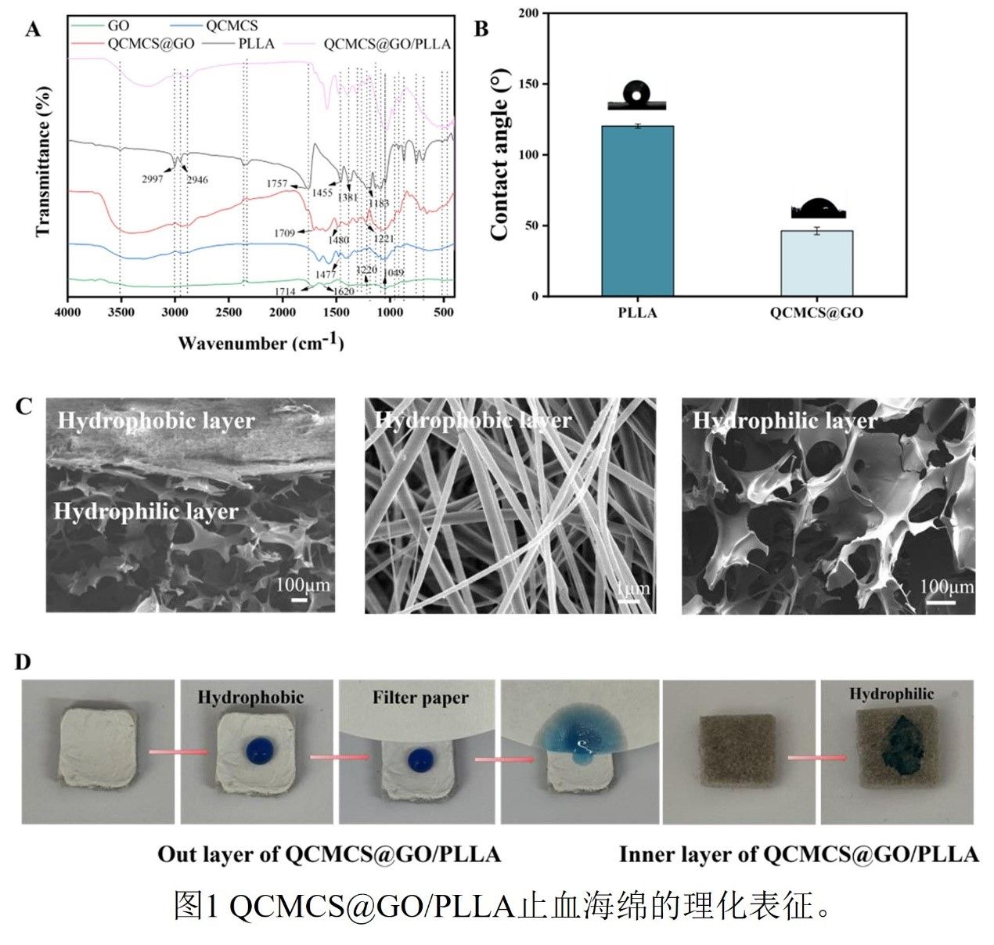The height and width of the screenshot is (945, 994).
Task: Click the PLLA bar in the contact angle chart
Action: coord(637,211)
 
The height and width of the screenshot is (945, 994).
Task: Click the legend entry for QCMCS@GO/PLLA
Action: coord(387,44)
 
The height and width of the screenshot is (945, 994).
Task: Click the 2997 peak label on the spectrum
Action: coord(153,179)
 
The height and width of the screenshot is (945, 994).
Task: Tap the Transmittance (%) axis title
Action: coord(43,161)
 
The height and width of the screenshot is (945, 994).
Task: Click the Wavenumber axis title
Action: coord(260,342)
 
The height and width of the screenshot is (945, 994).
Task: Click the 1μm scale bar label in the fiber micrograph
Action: coord(632,588)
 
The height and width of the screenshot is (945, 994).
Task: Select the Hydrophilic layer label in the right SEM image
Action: coord(784,421)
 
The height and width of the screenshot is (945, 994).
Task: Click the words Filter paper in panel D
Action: coord(420,698)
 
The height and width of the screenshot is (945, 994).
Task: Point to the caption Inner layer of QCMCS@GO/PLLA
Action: coord(798,853)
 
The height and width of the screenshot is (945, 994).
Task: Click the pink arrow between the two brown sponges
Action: coord(817,758)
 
